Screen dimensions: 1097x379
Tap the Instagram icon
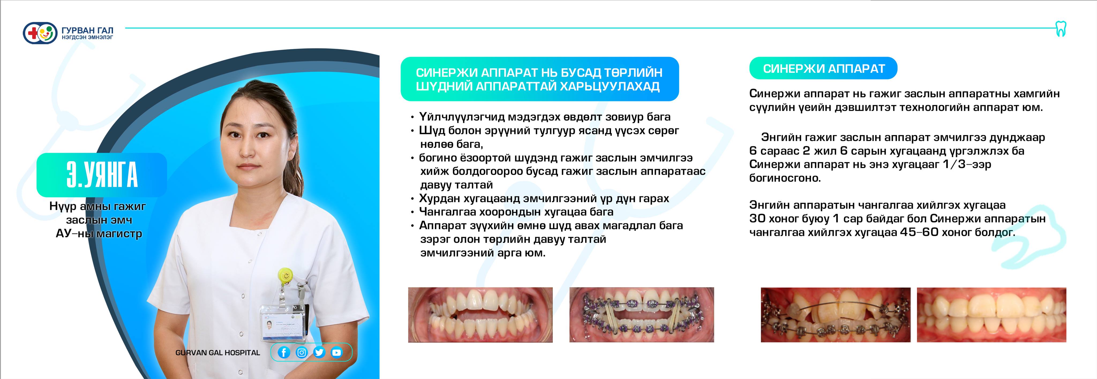click(302, 352)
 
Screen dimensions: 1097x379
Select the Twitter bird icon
click(319, 352)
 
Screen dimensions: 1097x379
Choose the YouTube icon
click(336, 352)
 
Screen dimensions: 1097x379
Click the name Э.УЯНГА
click(102, 175)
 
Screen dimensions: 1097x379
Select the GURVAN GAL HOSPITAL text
click(218, 353)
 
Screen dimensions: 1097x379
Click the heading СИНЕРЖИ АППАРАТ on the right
click(824, 69)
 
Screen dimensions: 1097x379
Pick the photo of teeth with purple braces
click(642, 315)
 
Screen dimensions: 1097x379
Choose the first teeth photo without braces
click(480, 315)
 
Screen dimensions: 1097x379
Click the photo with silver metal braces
click(836, 315)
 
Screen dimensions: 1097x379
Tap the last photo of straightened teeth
click(991, 315)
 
